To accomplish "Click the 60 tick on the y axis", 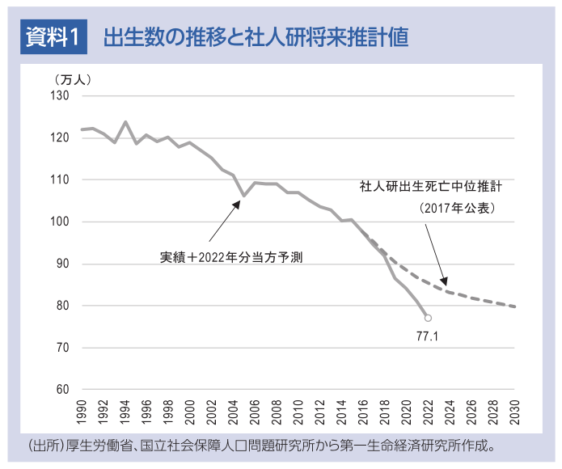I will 65,390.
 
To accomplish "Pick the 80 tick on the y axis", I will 65,306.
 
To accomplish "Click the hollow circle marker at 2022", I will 428,318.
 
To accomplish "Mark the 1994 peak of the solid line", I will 125,122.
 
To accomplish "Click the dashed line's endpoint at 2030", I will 515,306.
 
